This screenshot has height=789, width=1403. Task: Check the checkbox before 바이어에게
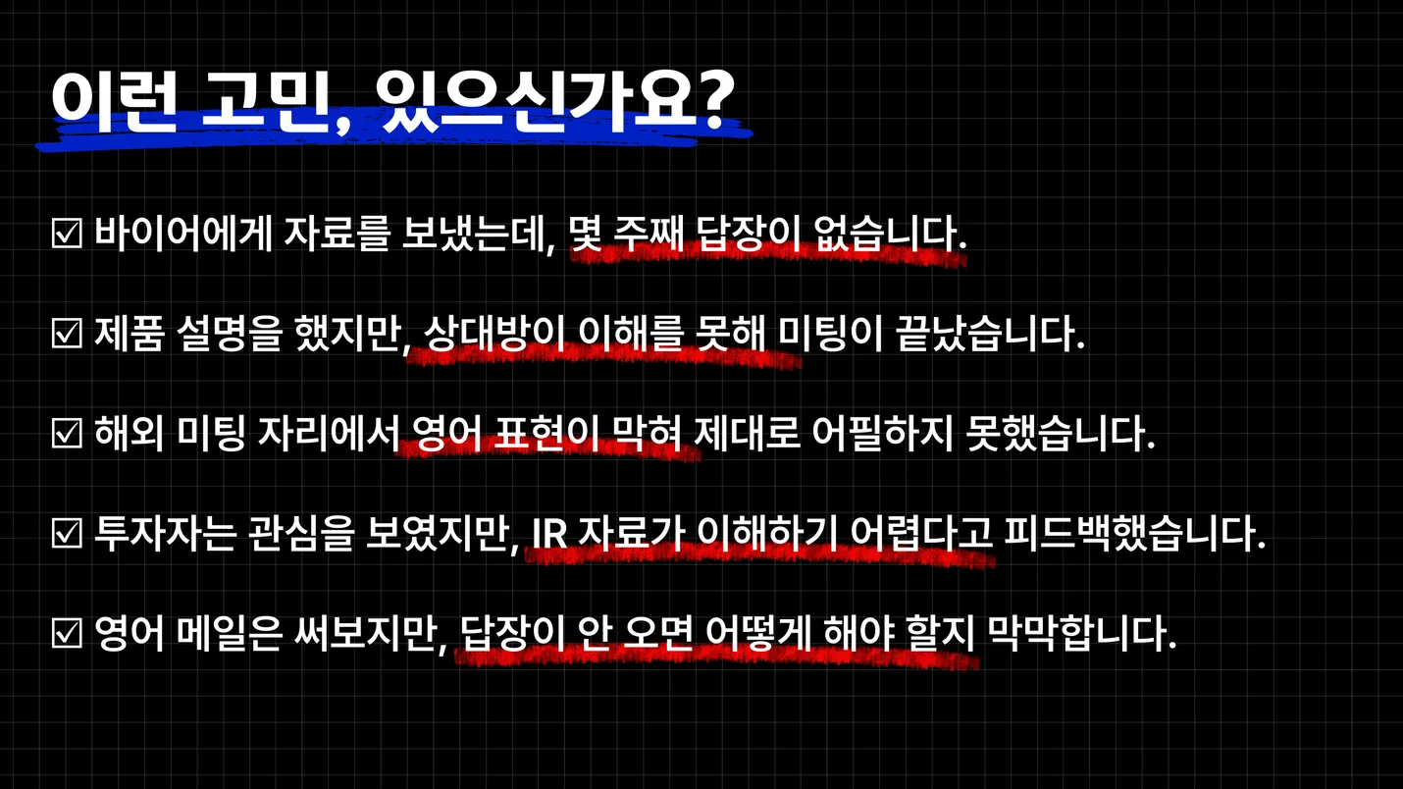[67, 236]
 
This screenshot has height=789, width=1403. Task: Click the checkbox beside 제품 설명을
[67, 336]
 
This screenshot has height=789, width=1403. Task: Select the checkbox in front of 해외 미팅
[67, 433]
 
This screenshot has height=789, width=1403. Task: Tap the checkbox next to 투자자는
[67, 535]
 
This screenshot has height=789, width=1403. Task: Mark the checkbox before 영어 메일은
[67, 636]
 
